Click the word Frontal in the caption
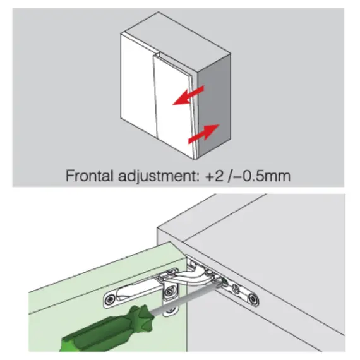[x=89, y=176]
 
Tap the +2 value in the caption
[x=214, y=176]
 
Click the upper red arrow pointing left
[x=188, y=96]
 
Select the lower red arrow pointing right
[x=203, y=135]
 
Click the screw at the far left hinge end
[x=111, y=299]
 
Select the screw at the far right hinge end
[x=253, y=299]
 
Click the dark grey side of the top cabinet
[x=214, y=105]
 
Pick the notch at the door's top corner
[x=157, y=55]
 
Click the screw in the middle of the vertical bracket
[x=170, y=292]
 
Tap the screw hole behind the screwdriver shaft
[x=170, y=310]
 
